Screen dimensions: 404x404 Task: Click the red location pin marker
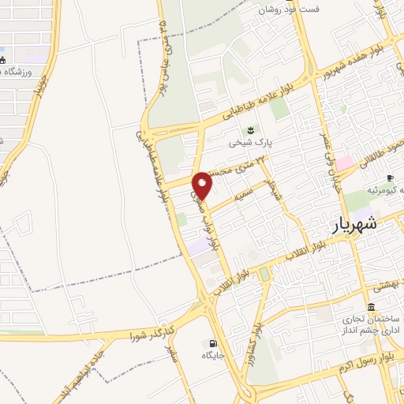tap(204, 185)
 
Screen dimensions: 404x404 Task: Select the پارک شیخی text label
tap(250, 144)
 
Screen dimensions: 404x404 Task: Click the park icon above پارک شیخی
tap(251, 130)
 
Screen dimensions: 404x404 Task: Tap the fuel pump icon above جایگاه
tap(211, 342)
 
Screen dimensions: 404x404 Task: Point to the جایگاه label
tap(212, 356)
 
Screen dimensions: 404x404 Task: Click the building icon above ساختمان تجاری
tap(371, 307)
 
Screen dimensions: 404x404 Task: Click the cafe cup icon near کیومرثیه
tap(390, 178)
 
